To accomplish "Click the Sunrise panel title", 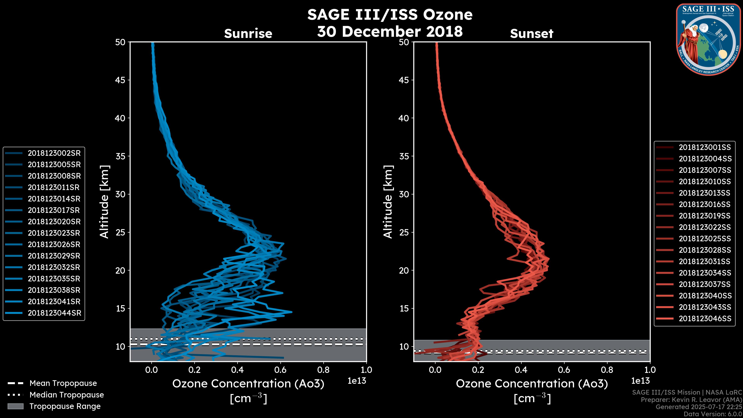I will click(248, 33).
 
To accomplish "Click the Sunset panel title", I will click(532, 33).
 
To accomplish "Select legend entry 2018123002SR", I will click(54, 153).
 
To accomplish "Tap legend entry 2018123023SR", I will click(54, 233).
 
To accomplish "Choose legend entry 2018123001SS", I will click(705, 147).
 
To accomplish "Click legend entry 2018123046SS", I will click(705, 319).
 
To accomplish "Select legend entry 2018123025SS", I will click(705, 239).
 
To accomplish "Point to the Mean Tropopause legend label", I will click(63, 383).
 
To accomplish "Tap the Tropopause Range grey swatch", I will click(15, 406).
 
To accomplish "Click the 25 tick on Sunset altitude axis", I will click(404, 232).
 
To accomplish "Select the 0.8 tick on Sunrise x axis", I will click(323, 370).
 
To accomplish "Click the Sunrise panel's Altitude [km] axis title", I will click(104, 202).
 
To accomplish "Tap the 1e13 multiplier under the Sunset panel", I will click(640, 381).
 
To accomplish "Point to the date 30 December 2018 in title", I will click(390, 31).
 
